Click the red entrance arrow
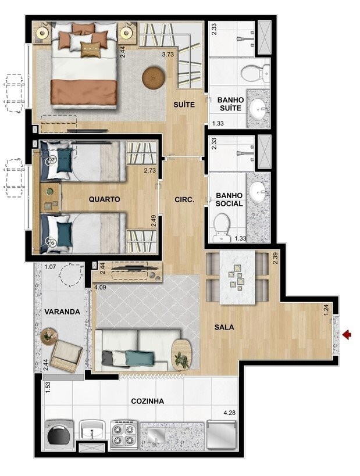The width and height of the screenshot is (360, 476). click(348, 334)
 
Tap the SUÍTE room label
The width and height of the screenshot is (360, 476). click(183, 105)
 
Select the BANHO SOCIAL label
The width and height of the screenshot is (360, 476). click(229, 200)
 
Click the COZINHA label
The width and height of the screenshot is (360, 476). click(147, 401)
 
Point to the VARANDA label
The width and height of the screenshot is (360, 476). click(62, 312)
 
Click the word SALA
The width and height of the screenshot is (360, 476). click(223, 327)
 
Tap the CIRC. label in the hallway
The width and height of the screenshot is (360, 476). click(184, 199)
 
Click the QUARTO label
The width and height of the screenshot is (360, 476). click(104, 199)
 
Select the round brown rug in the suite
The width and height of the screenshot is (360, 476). click(154, 78)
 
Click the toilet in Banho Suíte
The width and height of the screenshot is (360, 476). click(254, 73)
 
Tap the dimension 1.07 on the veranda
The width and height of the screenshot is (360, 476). click(49, 268)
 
